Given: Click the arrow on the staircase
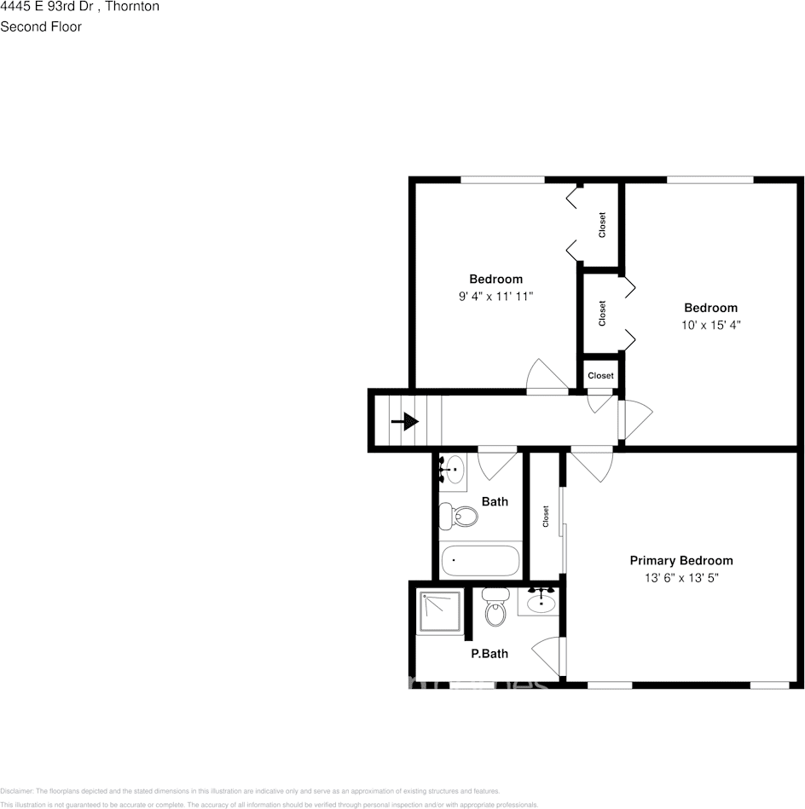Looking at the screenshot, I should point(405,421).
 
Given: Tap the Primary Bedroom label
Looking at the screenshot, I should point(680,560).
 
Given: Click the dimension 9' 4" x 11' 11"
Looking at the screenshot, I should point(495,297).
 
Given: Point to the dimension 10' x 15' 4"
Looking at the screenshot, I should point(710,325).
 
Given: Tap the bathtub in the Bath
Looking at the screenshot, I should point(480,561).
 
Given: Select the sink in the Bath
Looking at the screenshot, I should point(454,468).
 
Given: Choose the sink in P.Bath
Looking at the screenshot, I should point(540,602).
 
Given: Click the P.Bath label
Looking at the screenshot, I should point(489,654).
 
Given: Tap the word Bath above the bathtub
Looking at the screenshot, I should point(495,501).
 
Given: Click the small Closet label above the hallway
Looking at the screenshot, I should point(600,375).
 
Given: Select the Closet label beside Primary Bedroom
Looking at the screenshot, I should point(545,517).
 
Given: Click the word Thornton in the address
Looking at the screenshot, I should point(132,7).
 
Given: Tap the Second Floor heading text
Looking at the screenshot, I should point(41,26).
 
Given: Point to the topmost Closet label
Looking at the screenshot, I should point(602,225).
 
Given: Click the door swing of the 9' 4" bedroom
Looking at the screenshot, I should point(545,377).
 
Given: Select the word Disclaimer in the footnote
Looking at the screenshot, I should point(16,791).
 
